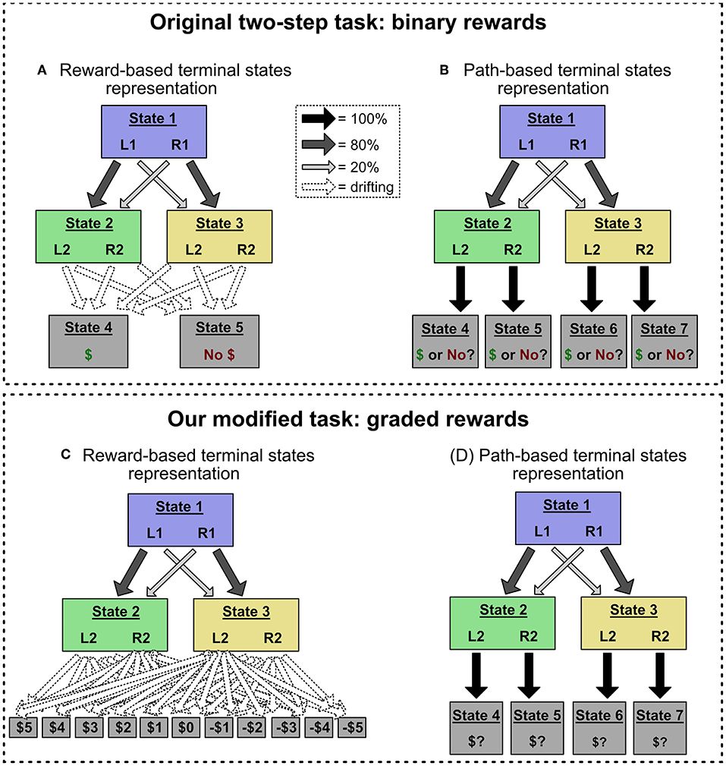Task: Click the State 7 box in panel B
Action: pyautogui.click(x=664, y=341)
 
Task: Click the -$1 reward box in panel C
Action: pyautogui.click(x=219, y=727)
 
